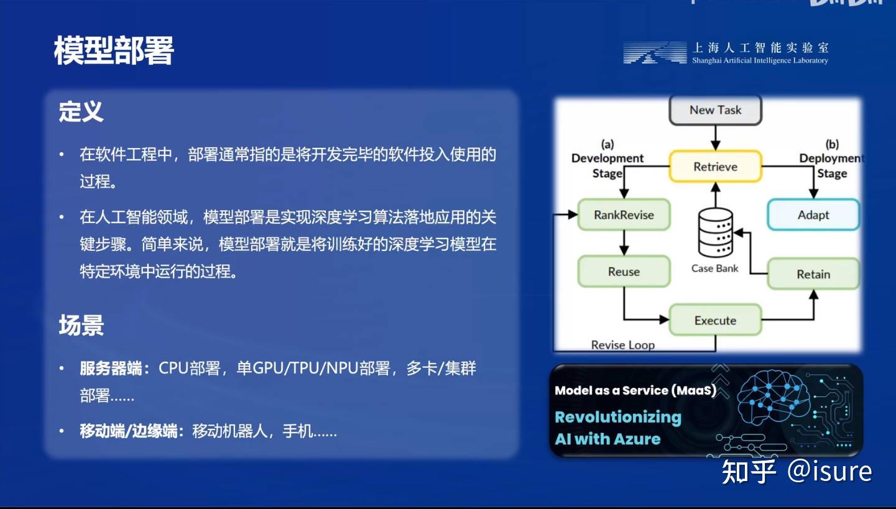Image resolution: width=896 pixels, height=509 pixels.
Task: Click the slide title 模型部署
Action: click(114, 50)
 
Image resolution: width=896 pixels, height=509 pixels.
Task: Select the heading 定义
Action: click(81, 112)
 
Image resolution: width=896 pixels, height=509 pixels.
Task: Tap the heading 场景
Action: click(81, 325)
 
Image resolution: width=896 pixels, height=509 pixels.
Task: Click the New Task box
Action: click(715, 110)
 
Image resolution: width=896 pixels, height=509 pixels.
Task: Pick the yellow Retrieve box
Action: click(715, 167)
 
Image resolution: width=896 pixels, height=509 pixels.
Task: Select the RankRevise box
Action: click(624, 215)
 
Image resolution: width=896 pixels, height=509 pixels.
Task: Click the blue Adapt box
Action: click(813, 215)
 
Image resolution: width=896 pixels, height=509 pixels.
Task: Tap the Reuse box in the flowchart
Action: click(624, 272)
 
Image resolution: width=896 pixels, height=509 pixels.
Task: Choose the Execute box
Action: click(715, 321)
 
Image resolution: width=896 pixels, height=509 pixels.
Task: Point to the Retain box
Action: click(813, 274)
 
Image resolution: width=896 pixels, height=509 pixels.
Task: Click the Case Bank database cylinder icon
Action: click(715, 233)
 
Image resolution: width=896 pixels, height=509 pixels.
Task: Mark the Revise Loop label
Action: click(622, 345)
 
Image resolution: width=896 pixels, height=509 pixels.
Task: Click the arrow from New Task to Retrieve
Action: click(715, 137)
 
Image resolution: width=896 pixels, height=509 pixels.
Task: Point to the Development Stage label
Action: click(607, 165)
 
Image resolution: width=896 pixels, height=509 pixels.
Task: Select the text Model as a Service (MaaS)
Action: click(635, 390)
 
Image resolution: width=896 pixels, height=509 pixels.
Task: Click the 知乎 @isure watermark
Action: click(797, 472)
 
